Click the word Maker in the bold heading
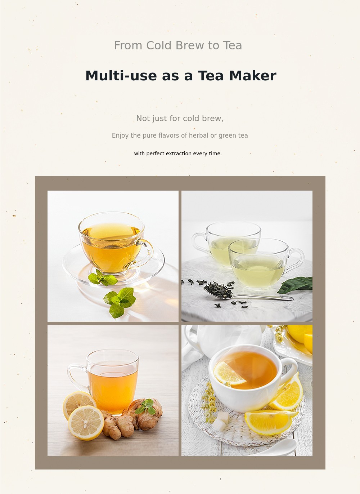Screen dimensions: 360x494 252,76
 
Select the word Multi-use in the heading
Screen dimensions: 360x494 121,76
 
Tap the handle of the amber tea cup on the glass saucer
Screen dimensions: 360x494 146,251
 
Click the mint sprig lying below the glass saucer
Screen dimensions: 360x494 120,302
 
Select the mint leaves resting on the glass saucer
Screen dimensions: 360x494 103,278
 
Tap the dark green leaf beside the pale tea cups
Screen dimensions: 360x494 295,285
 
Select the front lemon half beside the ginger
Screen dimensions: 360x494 86,423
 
